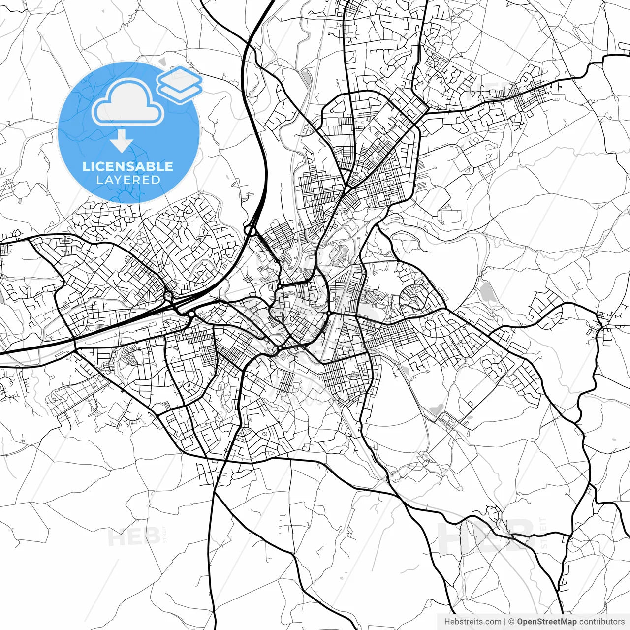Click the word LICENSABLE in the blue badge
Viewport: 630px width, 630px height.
tap(128, 166)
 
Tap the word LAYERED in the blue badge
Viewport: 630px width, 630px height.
tap(128, 180)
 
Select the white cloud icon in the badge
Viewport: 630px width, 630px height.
tap(128, 103)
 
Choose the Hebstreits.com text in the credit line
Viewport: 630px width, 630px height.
tap(472, 622)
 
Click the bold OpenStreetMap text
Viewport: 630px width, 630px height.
tap(547, 622)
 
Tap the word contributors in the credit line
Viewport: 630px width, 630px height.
tap(602, 622)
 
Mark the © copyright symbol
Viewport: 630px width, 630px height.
tap(511, 622)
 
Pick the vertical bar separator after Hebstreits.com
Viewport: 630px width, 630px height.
tap(505, 622)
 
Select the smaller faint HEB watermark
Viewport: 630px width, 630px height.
tap(133, 536)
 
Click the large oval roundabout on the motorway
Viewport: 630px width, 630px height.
tap(251, 230)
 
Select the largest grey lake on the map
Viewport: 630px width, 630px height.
tap(487, 293)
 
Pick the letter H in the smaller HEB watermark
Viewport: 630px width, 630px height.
tap(117, 536)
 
